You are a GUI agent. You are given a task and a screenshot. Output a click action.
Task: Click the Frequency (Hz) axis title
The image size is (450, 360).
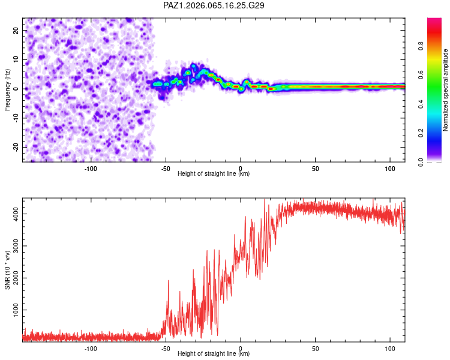point(8,89)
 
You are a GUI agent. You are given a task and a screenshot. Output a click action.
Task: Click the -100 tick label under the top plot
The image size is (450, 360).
point(91,169)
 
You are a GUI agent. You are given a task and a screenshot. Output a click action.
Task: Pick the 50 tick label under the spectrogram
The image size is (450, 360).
point(316,169)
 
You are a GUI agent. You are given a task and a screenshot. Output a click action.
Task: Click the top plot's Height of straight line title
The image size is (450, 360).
point(214,174)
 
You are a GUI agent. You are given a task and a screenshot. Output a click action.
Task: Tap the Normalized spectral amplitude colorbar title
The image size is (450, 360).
point(445,90)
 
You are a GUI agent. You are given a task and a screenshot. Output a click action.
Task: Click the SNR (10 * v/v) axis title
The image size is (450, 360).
point(8,270)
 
